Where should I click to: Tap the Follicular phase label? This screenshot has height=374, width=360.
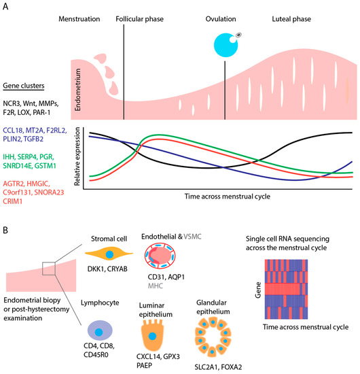[x=142, y=21]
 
